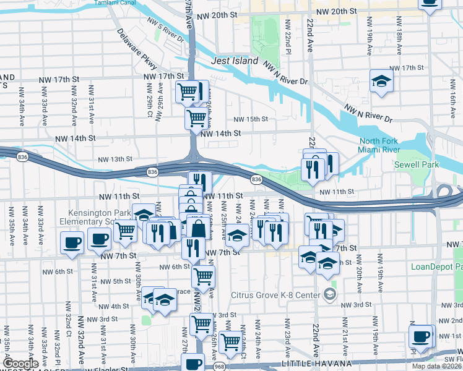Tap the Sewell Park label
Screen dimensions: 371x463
tap(415, 165)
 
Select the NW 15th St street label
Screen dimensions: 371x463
tap(250, 119)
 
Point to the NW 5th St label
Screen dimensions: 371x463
tap(116, 281)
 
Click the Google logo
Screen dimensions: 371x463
tap(20, 363)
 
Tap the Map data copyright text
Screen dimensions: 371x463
tap(437, 366)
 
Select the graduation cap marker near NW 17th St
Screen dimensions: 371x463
tap(382, 80)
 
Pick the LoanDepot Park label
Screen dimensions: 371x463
tap(436, 267)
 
